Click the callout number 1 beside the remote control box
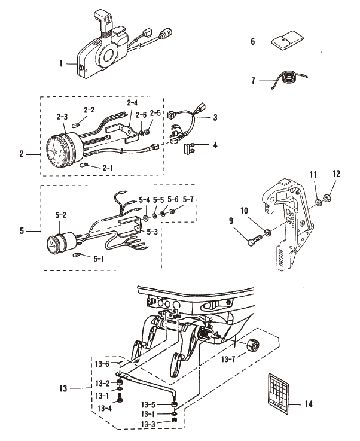click(61, 63)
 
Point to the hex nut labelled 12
click(327, 198)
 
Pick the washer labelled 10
click(268, 232)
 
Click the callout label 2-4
click(132, 103)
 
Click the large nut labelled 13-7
click(252, 346)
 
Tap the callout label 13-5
click(148, 404)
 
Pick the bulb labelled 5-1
click(77, 255)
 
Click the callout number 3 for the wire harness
click(215, 117)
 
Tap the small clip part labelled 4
click(188, 148)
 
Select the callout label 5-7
click(188, 200)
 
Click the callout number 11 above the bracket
click(313, 175)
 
